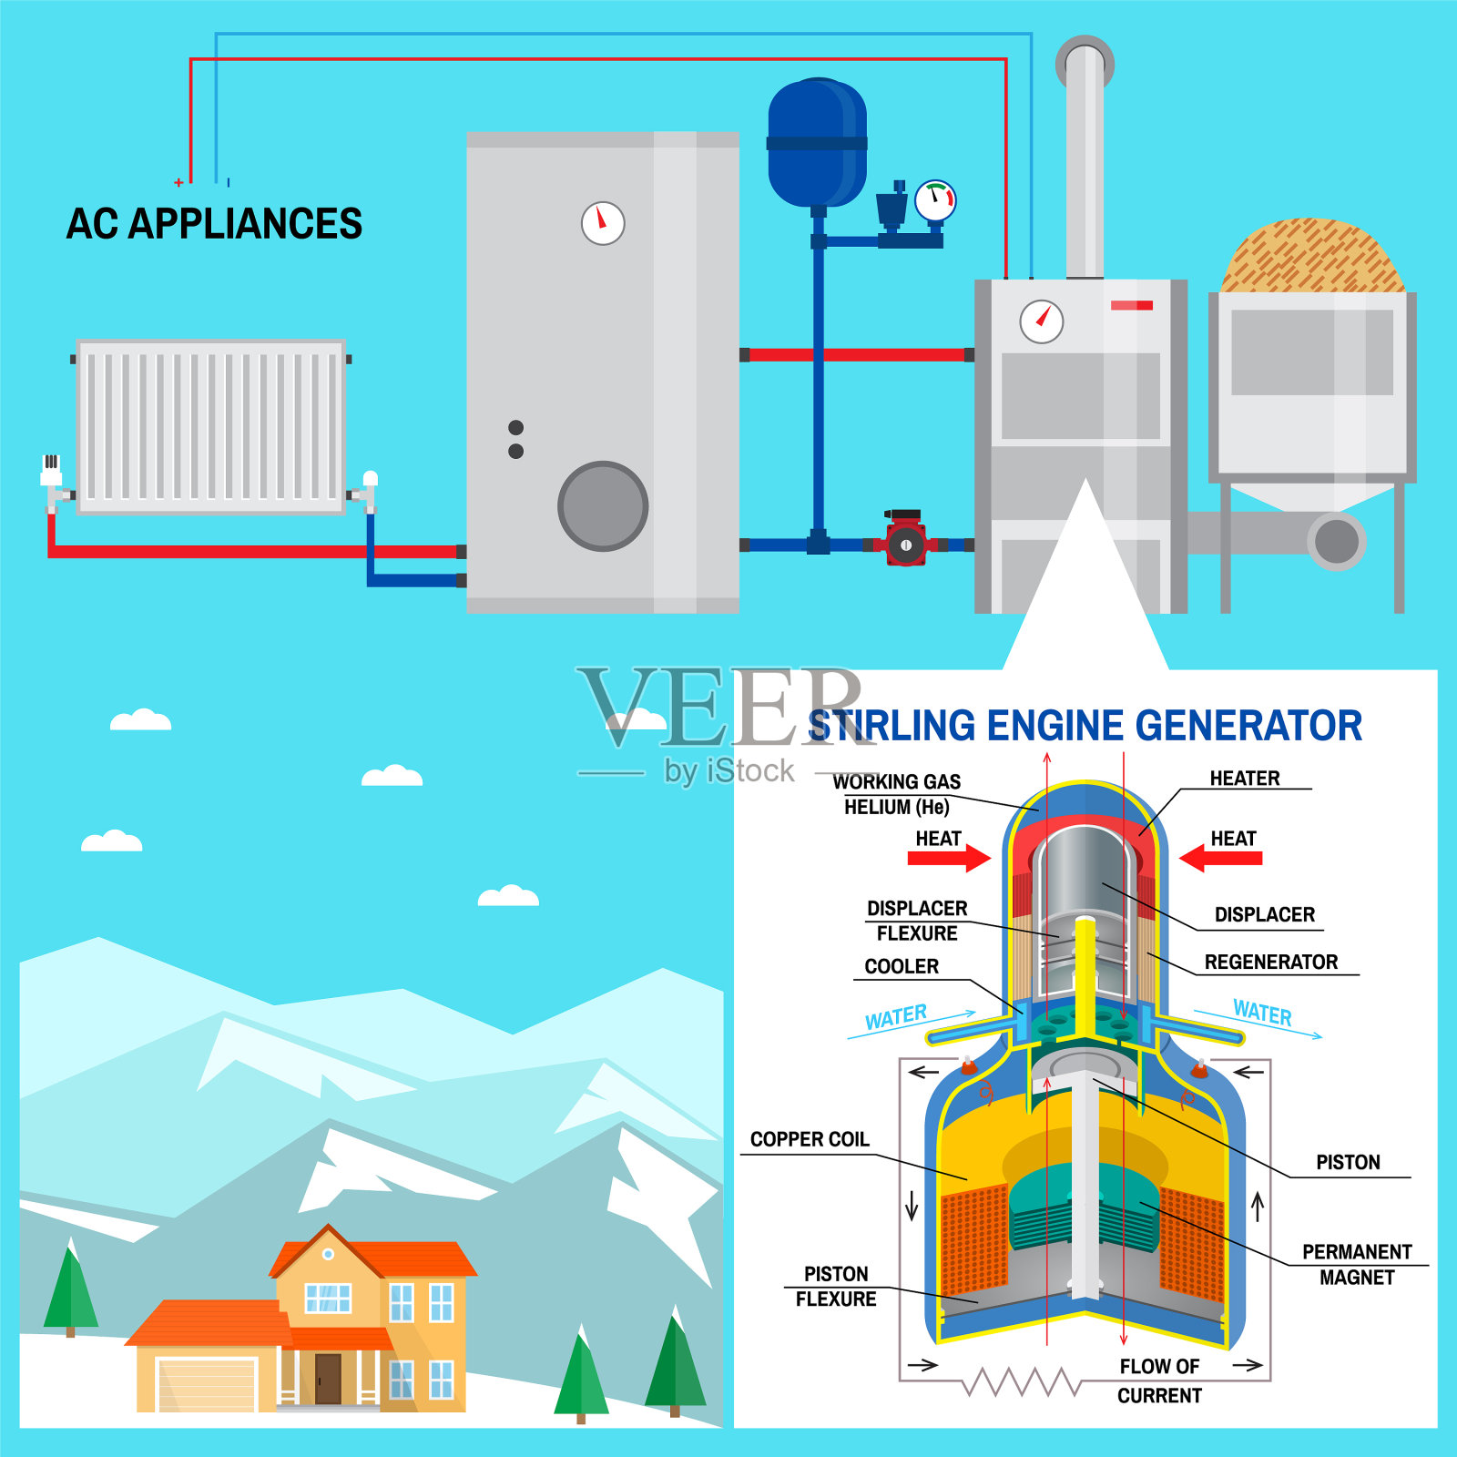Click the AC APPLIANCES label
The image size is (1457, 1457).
pyautogui.click(x=214, y=224)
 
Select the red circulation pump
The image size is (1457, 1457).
pyautogui.click(x=905, y=544)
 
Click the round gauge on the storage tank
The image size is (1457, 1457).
pyautogui.click(x=603, y=222)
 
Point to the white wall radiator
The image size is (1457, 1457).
pyautogui.click(x=210, y=427)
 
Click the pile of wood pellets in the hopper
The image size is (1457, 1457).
pyautogui.click(x=1311, y=258)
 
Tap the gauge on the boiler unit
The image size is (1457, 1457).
pyautogui.click(x=1041, y=321)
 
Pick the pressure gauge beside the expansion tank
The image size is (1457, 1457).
pyautogui.click(x=935, y=200)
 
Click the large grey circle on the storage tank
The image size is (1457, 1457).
pyautogui.click(x=603, y=506)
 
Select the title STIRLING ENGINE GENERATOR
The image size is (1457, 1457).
pyautogui.click(x=1085, y=726)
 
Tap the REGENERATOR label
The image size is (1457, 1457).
pyautogui.click(x=1270, y=963)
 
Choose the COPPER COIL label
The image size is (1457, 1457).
pyautogui.click(x=810, y=1139)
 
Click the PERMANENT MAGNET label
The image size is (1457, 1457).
pyautogui.click(x=1357, y=1264)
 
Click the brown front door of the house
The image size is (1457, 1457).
pyautogui.click(x=328, y=1379)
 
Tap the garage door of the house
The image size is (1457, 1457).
pyautogui.click(x=207, y=1384)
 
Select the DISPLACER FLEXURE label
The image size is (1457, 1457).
pyautogui.click(x=917, y=921)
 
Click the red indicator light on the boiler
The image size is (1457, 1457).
pyautogui.click(x=1132, y=305)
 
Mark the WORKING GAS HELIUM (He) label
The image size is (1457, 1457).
pyautogui.click(x=897, y=794)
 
